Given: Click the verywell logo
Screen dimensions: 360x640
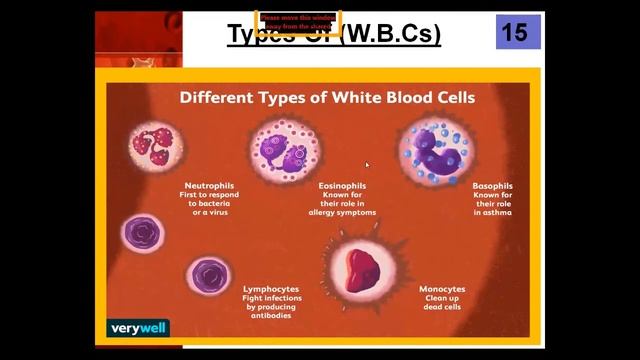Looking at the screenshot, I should [x=139, y=327].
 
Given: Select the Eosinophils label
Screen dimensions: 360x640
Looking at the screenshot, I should [x=342, y=185].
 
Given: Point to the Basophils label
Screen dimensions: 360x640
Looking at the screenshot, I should [x=492, y=185].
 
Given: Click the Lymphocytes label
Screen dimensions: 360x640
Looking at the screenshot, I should [x=271, y=288].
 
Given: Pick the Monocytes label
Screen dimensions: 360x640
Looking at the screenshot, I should [x=442, y=289].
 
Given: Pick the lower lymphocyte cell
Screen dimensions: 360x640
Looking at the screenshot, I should [x=209, y=274].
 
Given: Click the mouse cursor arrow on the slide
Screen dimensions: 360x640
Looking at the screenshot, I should [x=367, y=165].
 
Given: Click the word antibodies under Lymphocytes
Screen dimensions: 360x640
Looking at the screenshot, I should [x=271, y=316].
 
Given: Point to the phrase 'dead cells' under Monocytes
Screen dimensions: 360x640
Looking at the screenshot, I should [x=442, y=307].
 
